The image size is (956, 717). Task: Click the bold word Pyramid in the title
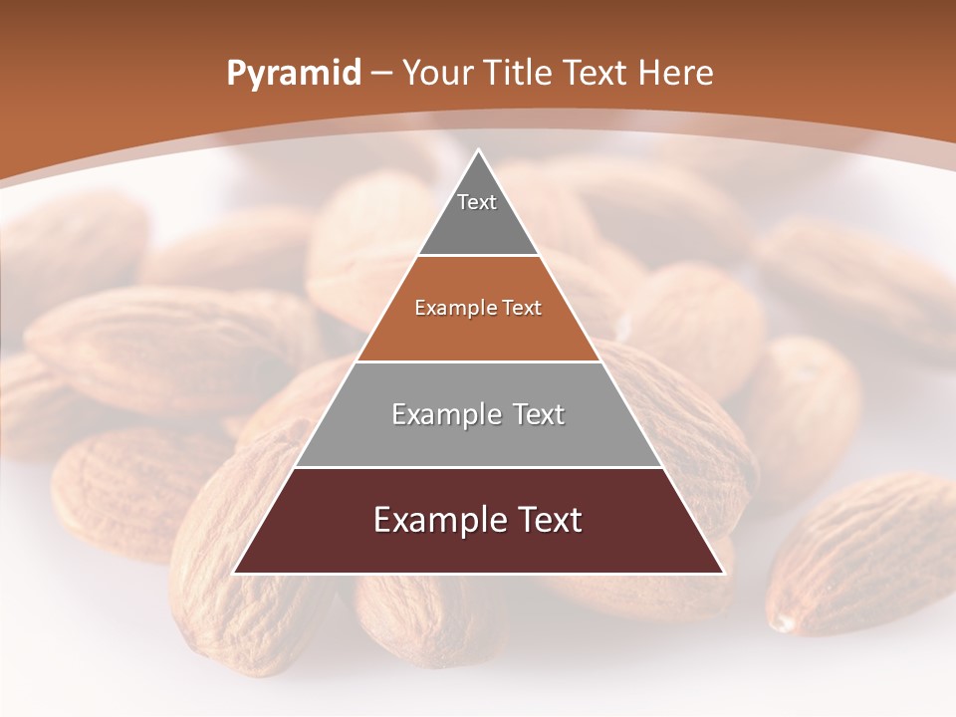tap(293, 74)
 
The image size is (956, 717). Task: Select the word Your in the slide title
tap(436, 74)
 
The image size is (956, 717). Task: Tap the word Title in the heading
tap(520, 74)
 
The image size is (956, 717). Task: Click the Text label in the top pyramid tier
tap(477, 202)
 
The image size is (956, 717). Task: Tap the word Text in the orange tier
tap(522, 309)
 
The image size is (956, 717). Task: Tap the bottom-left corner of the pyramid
tap(234, 574)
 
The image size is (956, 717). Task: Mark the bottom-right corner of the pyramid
tap(724, 574)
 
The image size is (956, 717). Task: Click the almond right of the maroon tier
tap(856, 558)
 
